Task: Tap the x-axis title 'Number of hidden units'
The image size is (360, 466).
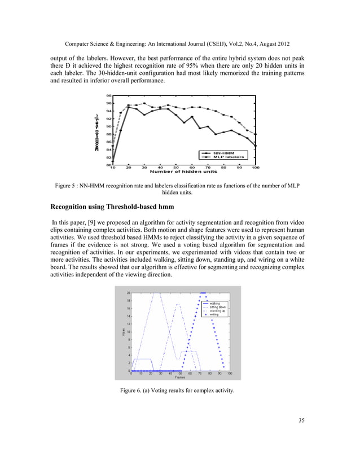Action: pos(183,172)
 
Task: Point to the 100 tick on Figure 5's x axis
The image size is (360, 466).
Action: pos(255,168)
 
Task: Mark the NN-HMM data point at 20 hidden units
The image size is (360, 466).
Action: pos(129,107)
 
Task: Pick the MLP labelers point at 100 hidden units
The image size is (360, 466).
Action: pos(256,134)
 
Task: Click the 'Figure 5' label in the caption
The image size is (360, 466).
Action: pos(67,185)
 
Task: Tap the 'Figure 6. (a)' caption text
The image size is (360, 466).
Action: pos(141,390)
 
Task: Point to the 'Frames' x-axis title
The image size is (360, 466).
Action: pos(179,377)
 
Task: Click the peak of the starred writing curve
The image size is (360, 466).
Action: pos(203,293)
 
